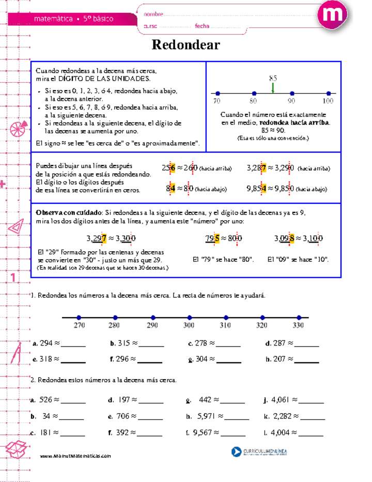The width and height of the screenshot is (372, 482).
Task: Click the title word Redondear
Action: coord(185,45)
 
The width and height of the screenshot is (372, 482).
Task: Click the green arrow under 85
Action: coord(272,88)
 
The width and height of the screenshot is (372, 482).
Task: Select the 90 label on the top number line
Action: coord(291,101)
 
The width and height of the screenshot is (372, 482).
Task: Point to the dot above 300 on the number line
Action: coord(189,318)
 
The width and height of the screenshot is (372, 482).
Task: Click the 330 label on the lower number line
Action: coord(298,326)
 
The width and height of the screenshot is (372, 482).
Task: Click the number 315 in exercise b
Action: coord(124,343)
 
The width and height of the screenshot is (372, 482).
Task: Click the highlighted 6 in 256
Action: coord(173,168)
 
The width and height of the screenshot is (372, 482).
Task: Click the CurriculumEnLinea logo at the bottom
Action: coord(259,452)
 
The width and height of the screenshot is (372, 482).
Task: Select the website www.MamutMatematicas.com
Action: coord(75,456)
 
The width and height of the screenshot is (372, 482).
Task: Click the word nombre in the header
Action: coord(153,14)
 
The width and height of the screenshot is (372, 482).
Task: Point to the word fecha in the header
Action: coord(202,26)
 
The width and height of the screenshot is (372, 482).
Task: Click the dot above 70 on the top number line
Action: coord(218,94)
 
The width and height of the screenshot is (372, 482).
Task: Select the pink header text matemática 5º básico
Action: coord(73,19)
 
